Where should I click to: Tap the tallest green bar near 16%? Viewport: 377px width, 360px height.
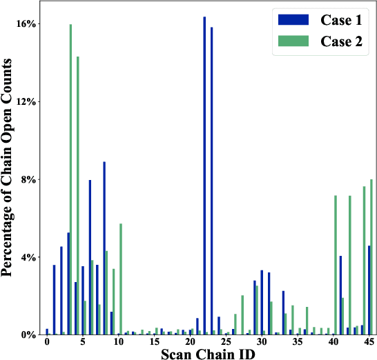point(70,179)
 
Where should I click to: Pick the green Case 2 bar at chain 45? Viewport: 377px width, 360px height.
point(371,257)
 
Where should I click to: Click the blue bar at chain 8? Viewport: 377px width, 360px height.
point(104,248)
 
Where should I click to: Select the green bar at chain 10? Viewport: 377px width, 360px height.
point(121,279)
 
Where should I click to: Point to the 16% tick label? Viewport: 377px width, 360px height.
point(26,23)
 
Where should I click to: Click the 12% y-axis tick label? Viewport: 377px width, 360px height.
point(26,101)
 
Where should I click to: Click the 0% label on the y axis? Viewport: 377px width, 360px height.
point(28,335)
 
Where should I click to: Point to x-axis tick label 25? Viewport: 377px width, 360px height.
point(226,343)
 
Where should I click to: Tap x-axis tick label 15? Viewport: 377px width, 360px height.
point(154,343)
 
